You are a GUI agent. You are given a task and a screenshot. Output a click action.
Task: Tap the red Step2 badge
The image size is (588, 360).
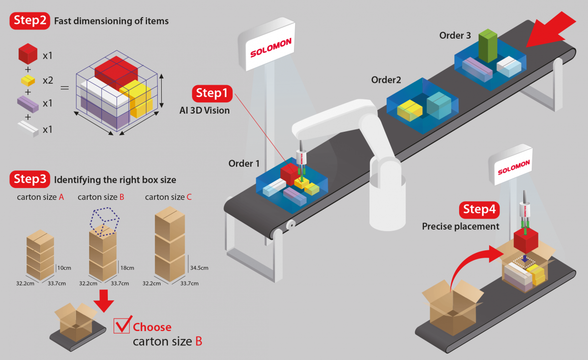(30, 21)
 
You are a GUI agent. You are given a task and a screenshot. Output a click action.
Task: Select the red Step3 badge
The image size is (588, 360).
(30, 179)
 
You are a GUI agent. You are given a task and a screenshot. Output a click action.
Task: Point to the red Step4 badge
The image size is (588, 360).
(480, 211)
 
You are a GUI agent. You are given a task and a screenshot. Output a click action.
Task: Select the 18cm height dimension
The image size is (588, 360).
(126, 268)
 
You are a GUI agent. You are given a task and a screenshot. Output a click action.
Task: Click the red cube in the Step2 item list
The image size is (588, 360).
(28, 53)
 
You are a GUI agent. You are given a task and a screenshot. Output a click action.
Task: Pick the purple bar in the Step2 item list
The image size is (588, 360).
(28, 103)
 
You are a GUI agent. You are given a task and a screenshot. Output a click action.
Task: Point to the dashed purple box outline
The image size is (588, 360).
(103, 222)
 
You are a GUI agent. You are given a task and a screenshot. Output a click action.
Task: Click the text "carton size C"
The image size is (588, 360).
(168, 197)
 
